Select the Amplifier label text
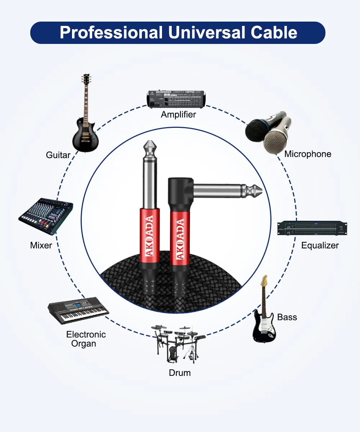[x=178, y=114]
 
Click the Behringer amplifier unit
[x=176, y=99]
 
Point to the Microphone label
[x=308, y=154]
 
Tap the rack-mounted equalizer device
[x=312, y=228]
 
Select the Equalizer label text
[x=320, y=246]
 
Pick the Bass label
[x=287, y=317]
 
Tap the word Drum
[x=180, y=373]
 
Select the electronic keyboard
[x=78, y=311]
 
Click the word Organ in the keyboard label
[x=84, y=344]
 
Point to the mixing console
[x=46, y=216]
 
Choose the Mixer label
[x=41, y=246]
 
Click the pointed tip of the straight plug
[x=150, y=141]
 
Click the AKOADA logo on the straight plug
[x=149, y=236]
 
